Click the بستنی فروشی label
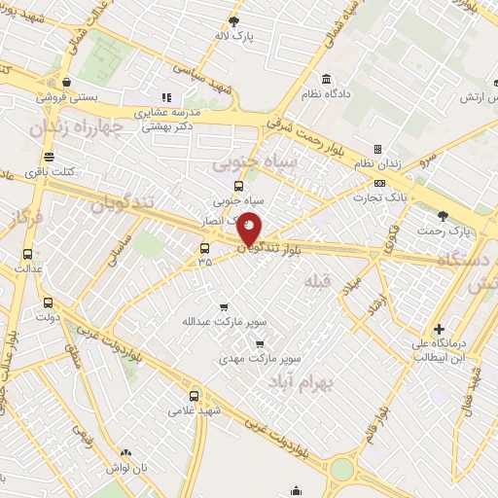pyautogui.click(x=64, y=97)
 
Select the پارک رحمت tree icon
pyautogui.click(x=444, y=216)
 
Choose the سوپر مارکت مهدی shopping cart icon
pyautogui.click(x=259, y=342)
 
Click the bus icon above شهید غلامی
pyautogui.click(x=194, y=396)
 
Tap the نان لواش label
pyautogui.click(x=126, y=467)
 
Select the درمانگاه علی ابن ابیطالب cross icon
pyautogui.click(x=439, y=330)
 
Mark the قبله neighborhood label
pyautogui.click(x=318, y=282)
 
